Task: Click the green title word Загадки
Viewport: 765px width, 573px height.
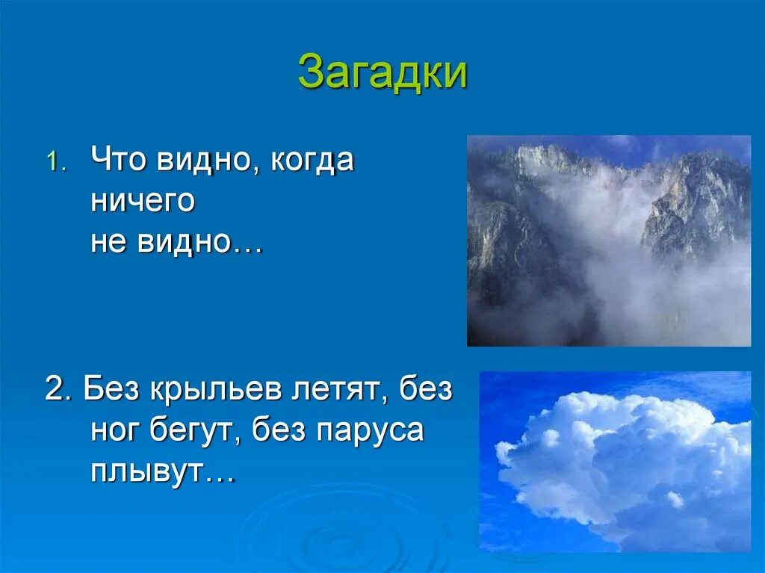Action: pos(382,73)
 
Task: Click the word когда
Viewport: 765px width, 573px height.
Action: pos(312,160)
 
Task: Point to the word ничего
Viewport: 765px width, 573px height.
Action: pos(143,201)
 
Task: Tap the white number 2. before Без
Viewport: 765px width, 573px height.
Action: pos(58,390)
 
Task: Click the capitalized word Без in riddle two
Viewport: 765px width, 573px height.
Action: pos(111,389)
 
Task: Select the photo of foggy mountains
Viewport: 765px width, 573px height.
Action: pos(609,241)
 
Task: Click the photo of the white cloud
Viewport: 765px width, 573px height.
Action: pos(615,462)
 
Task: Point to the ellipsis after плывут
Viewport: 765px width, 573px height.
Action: pos(219,480)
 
